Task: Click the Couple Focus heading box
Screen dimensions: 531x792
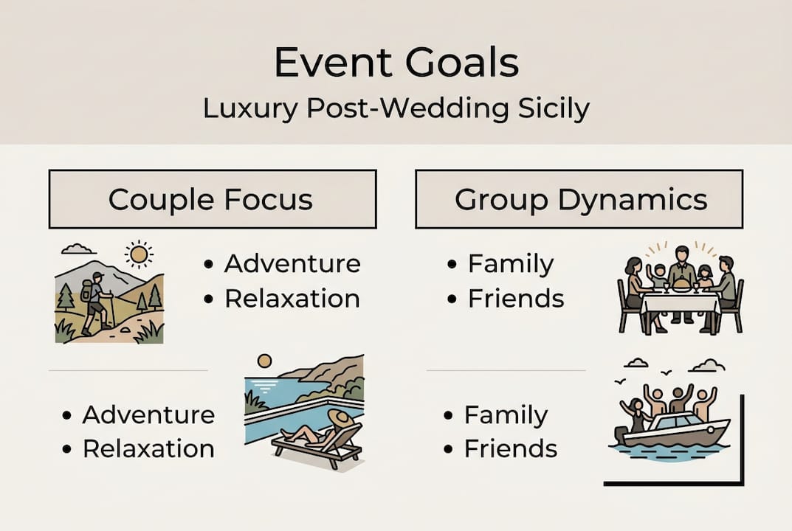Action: click(213, 199)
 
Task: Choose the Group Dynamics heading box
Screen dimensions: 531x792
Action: click(579, 199)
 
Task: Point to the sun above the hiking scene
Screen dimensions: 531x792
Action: click(137, 255)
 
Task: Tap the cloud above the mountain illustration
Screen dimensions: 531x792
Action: click(78, 249)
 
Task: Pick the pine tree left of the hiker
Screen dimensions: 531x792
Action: click(66, 296)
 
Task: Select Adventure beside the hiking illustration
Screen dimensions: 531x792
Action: click(292, 264)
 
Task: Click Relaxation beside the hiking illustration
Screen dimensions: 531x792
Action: click(292, 299)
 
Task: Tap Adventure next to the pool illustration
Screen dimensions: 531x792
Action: click(148, 414)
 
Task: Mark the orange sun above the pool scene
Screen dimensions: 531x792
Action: click(264, 361)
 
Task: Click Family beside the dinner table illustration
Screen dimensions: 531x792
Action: click(510, 264)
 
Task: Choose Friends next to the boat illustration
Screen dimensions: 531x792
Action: click(510, 448)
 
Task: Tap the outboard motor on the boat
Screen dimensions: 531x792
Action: click(622, 434)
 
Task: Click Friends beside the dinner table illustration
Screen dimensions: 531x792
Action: click(515, 299)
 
